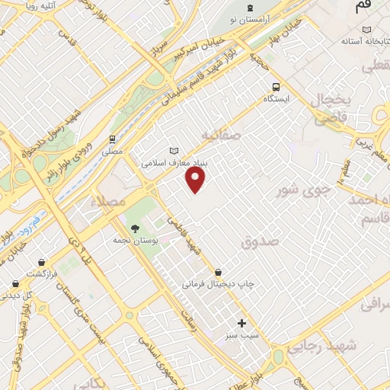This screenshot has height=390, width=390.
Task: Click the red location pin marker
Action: tap(197, 180)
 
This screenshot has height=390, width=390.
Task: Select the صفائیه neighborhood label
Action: tap(221, 136)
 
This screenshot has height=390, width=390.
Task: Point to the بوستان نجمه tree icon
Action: tap(136, 228)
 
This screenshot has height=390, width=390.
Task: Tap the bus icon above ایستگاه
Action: tap(275, 87)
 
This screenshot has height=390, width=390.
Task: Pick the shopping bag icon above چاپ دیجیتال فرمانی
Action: tap(219, 272)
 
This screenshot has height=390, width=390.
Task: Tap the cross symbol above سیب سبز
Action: tap(242, 323)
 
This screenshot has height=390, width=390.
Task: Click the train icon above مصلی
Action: tap(113, 139)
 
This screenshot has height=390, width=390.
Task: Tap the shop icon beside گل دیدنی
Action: tap(14, 283)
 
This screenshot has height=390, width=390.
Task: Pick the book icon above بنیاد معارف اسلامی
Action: tap(175, 150)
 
